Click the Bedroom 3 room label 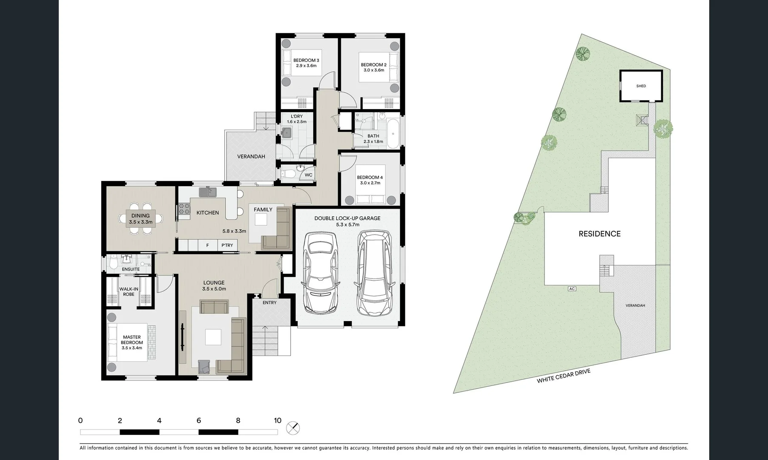click(306, 60)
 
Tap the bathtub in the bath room click(393, 134)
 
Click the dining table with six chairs click(140, 218)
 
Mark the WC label click(308, 175)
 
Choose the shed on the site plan click(641, 86)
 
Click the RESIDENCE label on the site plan click(599, 234)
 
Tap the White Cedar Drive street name click(563, 376)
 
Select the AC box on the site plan click(572, 289)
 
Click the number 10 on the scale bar click(278, 420)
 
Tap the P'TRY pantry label click(227, 245)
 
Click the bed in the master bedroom click(128, 342)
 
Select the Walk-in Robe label click(129, 292)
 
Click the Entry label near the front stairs click(269, 303)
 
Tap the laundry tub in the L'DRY click(287, 133)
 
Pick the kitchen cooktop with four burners click(184, 209)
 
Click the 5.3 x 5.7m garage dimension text click(347, 224)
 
